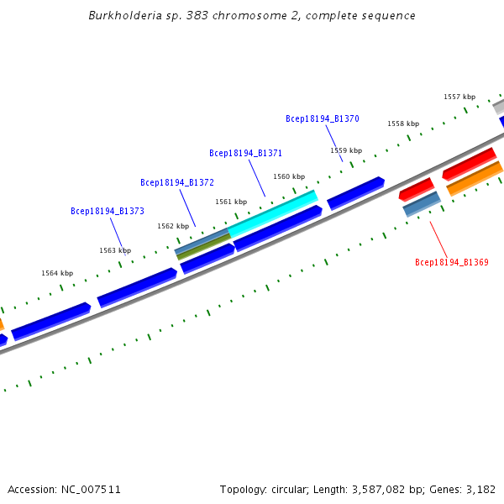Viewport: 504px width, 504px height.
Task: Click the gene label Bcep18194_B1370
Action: click(x=322, y=119)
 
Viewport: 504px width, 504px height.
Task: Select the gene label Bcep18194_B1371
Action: click(x=245, y=154)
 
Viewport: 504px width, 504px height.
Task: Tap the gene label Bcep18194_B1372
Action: click(x=176, y=182)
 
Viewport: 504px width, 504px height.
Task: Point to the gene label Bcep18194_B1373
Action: click(x=107, y=212)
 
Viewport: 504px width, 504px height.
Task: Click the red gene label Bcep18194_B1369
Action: click(x=451, y=263)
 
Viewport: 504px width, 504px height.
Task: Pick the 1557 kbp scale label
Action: click(x=459, y=97)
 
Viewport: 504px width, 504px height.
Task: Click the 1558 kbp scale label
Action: click(x=402, y=123)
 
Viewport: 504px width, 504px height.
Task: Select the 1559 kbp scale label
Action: click(x=345, y=151)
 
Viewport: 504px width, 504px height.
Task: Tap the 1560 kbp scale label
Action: click(x=288, y=176)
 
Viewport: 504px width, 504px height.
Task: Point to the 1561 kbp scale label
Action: click(x=231, y=202)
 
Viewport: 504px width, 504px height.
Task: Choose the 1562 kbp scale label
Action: click(x=173, y=226)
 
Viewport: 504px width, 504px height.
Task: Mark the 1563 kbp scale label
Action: click(x=115, y=250)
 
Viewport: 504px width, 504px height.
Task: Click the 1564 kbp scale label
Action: click(x=57, y=273)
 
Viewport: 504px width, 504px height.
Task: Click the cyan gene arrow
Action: click(x=272, y=213)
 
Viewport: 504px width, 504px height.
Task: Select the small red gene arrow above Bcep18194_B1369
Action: click(x=416, y=189)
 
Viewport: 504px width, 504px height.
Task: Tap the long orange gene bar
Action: click(x=475, y=179)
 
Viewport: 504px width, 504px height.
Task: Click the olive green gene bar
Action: click(x=204, y=246)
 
